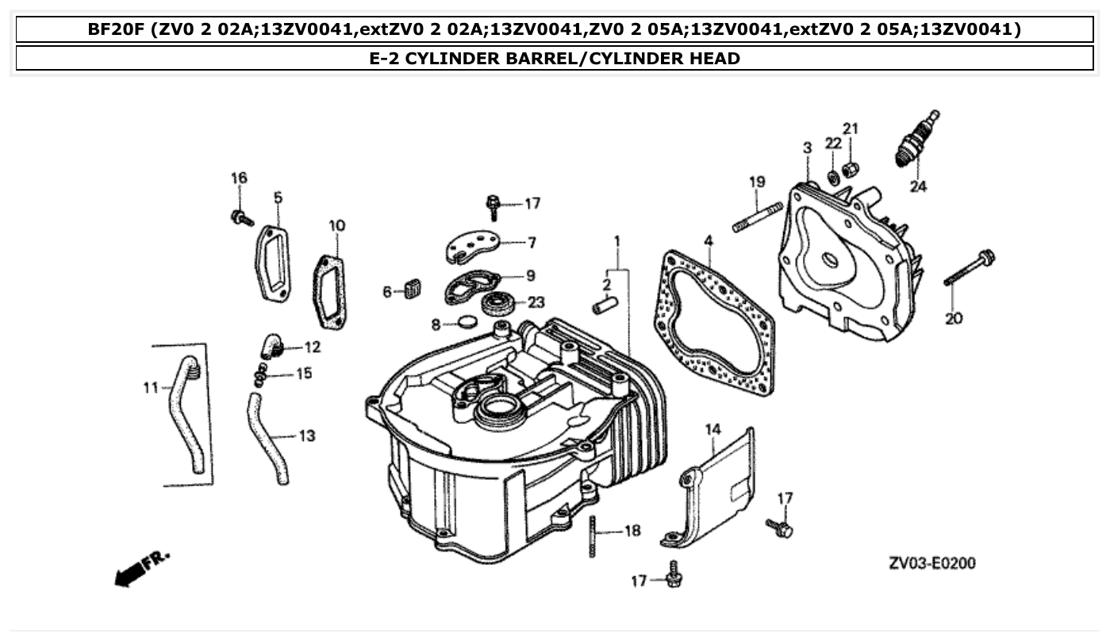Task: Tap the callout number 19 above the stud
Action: [x=757, y=182]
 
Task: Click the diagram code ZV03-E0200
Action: [x=931, y=563]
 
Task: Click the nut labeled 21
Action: [x=850, y=167]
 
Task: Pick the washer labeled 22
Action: [x=832, y=176]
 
